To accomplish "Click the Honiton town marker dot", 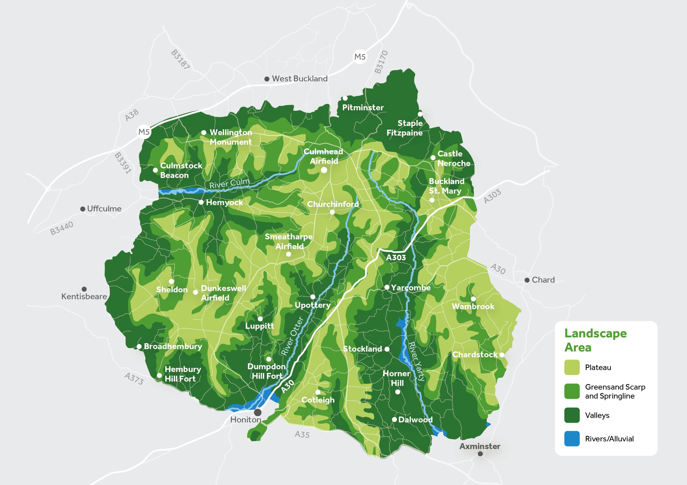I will (258, 412).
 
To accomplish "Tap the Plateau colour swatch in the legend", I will (572, 367).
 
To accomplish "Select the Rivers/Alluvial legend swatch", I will (572, 439).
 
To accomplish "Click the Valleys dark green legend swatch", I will (572, 415).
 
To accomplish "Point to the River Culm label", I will (229, 183).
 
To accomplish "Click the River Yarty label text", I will (416, 361).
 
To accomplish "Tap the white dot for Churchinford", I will (332, 212).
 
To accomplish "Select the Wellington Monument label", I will (231, 137).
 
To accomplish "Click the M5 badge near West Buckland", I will (360, 57).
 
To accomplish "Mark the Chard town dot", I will (527, 280).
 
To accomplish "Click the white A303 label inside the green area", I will (396, 258).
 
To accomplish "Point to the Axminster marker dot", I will (480, 454).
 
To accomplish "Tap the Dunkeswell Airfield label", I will (223, 293).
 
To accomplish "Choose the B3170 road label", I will (381, 62).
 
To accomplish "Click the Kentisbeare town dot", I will (84, 289).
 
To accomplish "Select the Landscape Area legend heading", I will (595, 340).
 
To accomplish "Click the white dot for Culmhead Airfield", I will (324, 170).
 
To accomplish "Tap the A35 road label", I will (302, 434).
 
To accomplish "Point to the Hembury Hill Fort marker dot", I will (159, 375).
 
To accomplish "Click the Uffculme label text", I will (104, 208).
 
